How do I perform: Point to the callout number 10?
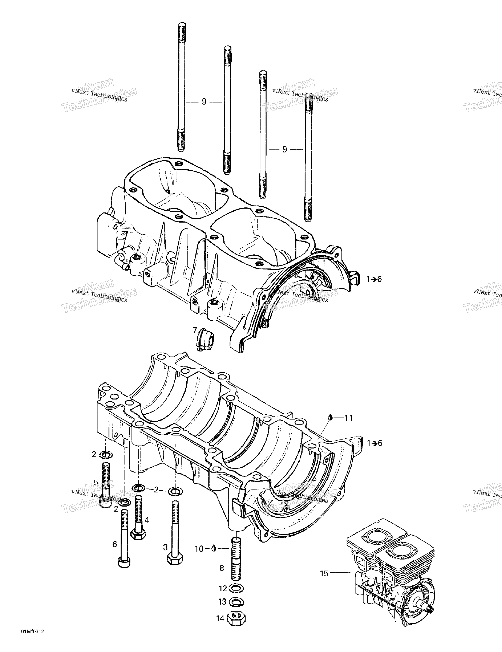coord(199,549)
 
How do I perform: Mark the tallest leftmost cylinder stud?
coord(181,86)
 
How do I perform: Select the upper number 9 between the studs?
coord(204,102)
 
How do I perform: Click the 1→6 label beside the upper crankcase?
coord(374,279)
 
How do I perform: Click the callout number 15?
coord(324,573)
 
